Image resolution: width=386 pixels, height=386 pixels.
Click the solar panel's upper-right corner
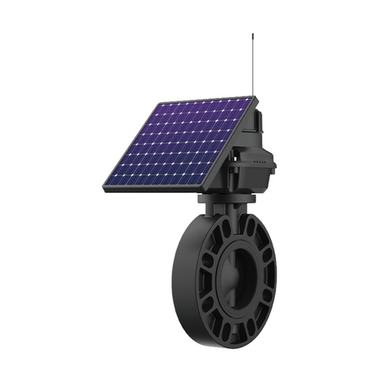tap(253, 98)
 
